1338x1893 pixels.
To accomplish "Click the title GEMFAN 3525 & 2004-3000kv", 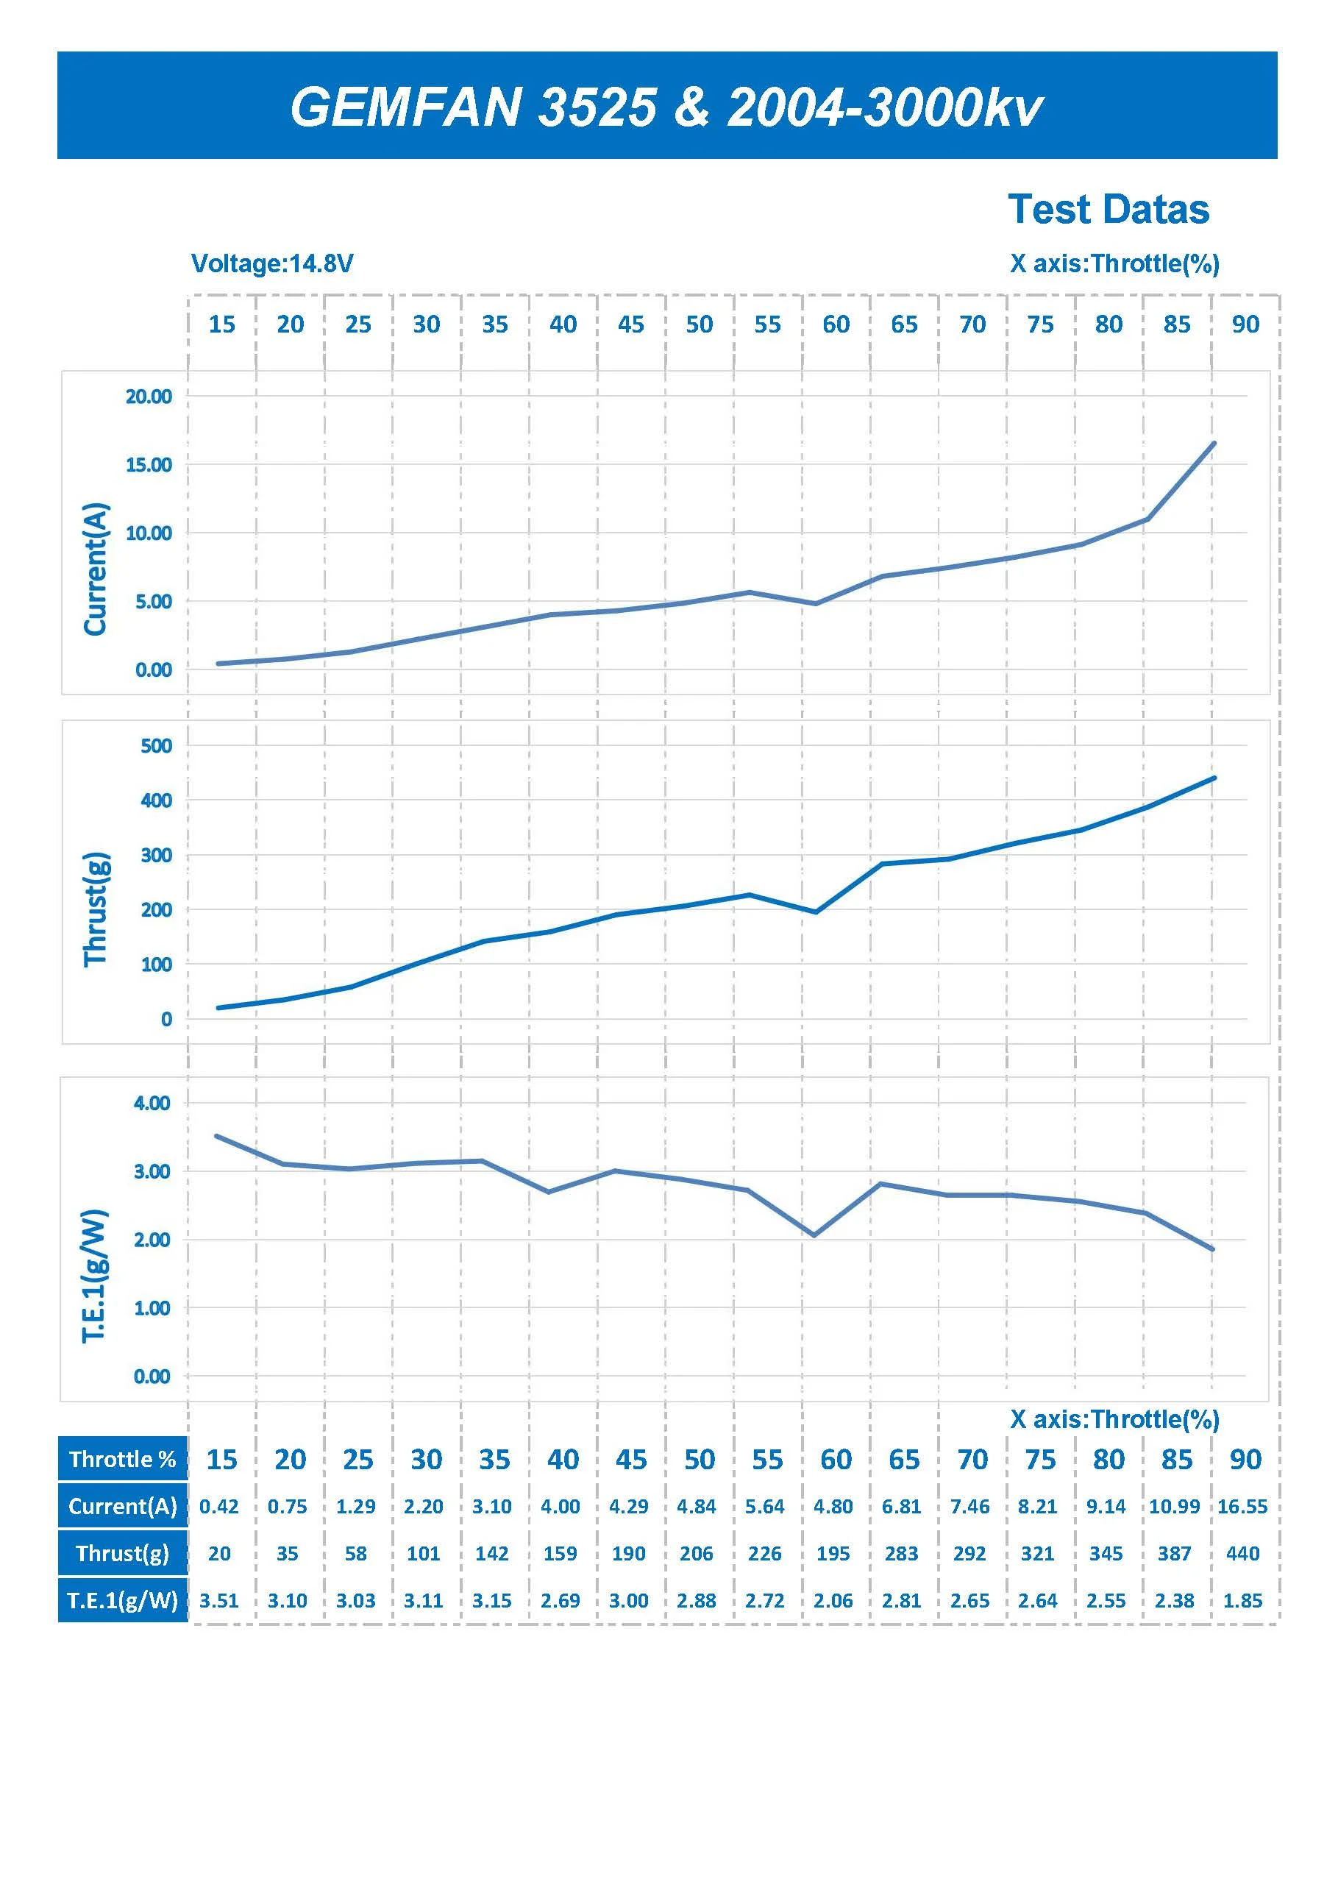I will pos(666,107).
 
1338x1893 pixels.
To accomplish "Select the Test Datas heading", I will pos(1108,210).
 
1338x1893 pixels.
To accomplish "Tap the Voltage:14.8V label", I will pos(272,264).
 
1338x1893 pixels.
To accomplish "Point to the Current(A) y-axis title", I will pos(96,568).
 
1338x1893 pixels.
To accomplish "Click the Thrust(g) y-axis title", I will pos(96,909).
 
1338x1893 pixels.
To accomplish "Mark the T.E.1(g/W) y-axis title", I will pos(96,1276).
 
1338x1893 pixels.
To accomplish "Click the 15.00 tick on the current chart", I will pos(149,465).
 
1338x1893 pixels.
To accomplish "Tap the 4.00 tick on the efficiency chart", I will pos(152,1103).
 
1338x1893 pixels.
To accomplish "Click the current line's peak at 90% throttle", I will pos(1214,444).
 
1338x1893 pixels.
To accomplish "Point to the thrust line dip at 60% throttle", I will pos(815,912).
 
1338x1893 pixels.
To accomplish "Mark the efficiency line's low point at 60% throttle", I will pos(814,1235).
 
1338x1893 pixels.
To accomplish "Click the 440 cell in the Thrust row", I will pos(1242,1553).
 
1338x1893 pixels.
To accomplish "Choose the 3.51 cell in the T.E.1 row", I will pos(219,1600).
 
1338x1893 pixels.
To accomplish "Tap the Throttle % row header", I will pos(123,1460).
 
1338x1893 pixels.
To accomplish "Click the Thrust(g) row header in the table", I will pos(123,1553).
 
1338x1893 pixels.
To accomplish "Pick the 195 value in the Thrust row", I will pos(833,1553).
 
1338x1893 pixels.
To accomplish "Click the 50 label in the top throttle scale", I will pos(699,325).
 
